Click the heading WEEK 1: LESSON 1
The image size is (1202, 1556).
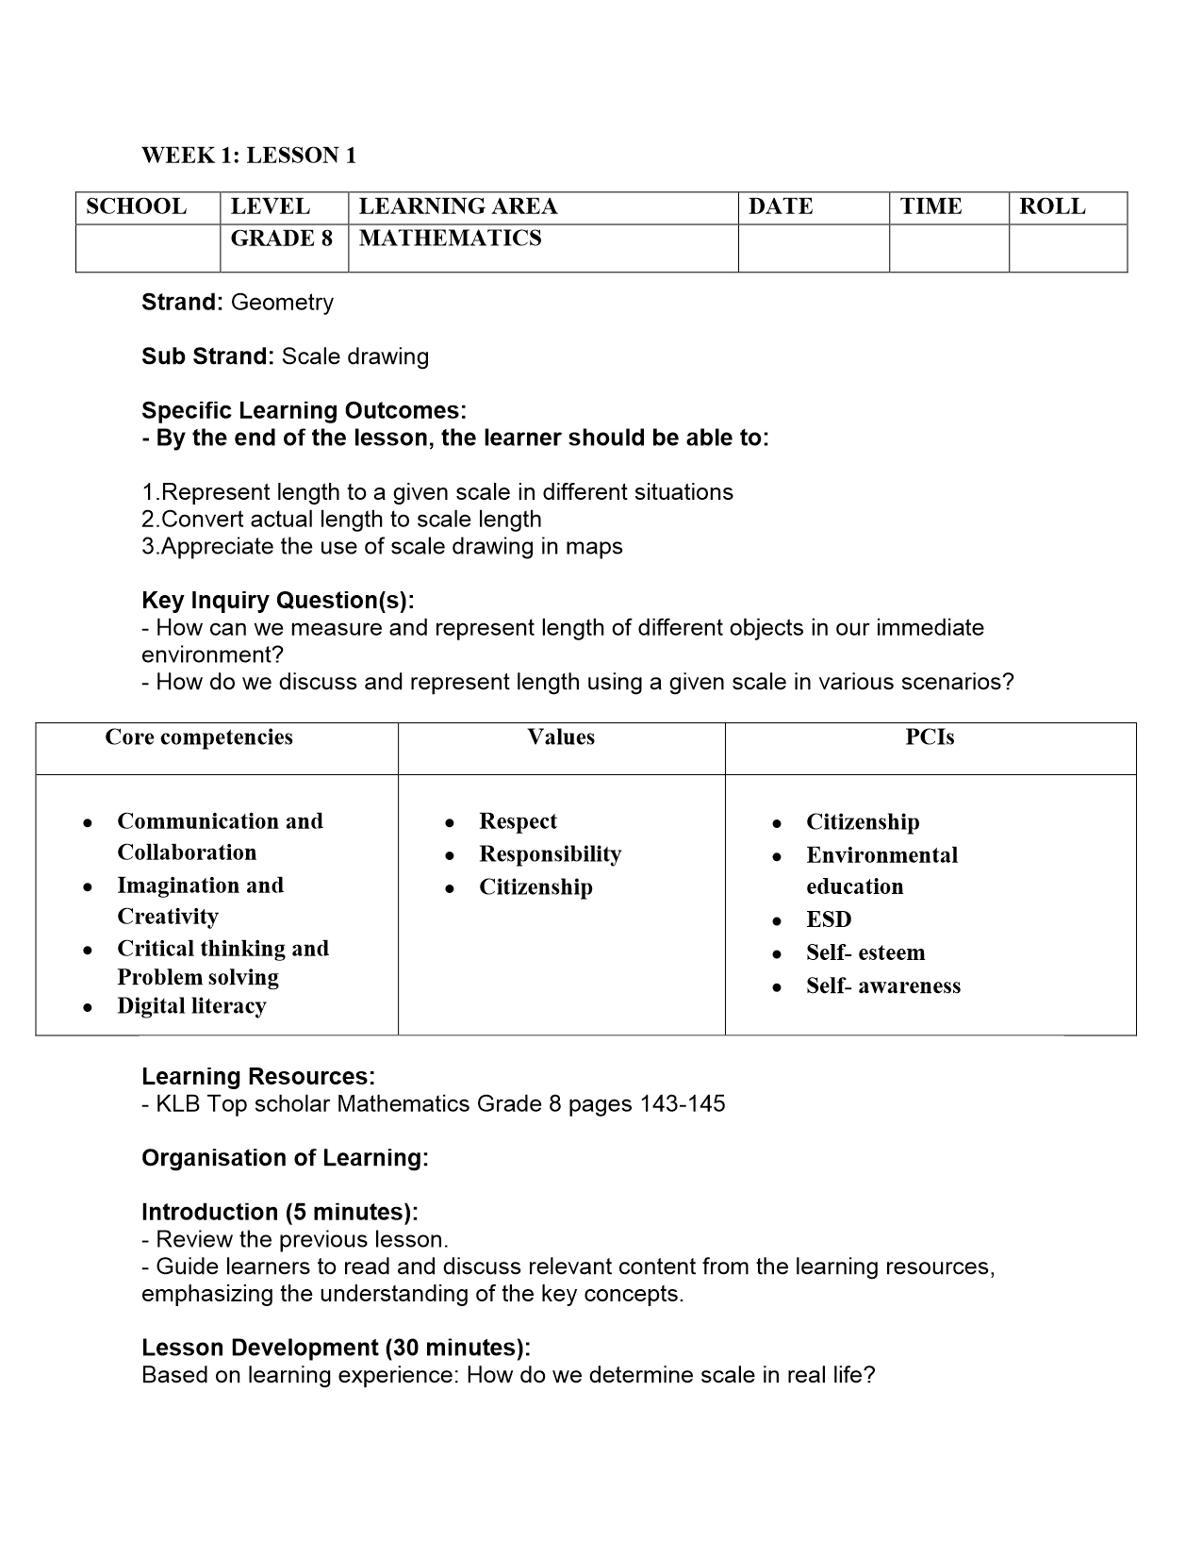pos(249,156)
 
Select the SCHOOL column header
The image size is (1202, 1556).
pos(137,207)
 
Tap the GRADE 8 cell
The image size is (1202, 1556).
pos(282,239)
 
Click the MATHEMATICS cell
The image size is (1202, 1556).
pos(451,239)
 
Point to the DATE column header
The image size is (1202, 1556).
pos(781,207)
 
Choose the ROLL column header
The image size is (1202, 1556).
pos(1052,207)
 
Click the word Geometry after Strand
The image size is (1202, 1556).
pos(282,303)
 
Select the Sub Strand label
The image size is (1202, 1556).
pos(207,356)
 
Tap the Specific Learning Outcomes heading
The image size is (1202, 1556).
pos(304,411)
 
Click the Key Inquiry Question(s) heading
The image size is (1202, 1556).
pos(277,601)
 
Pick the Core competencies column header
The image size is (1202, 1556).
pos(199,737)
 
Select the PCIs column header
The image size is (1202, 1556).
pos(930,737)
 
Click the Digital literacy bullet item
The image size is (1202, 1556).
pos(191,1006)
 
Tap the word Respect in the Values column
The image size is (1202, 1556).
pos(518,821)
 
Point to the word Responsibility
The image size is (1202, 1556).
pos(550,854)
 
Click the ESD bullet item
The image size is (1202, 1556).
pos(829,919)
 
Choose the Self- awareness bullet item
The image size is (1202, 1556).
pos(883,986)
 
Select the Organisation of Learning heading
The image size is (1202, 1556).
pos(285,1158)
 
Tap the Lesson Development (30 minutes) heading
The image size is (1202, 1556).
pos(336,1348)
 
